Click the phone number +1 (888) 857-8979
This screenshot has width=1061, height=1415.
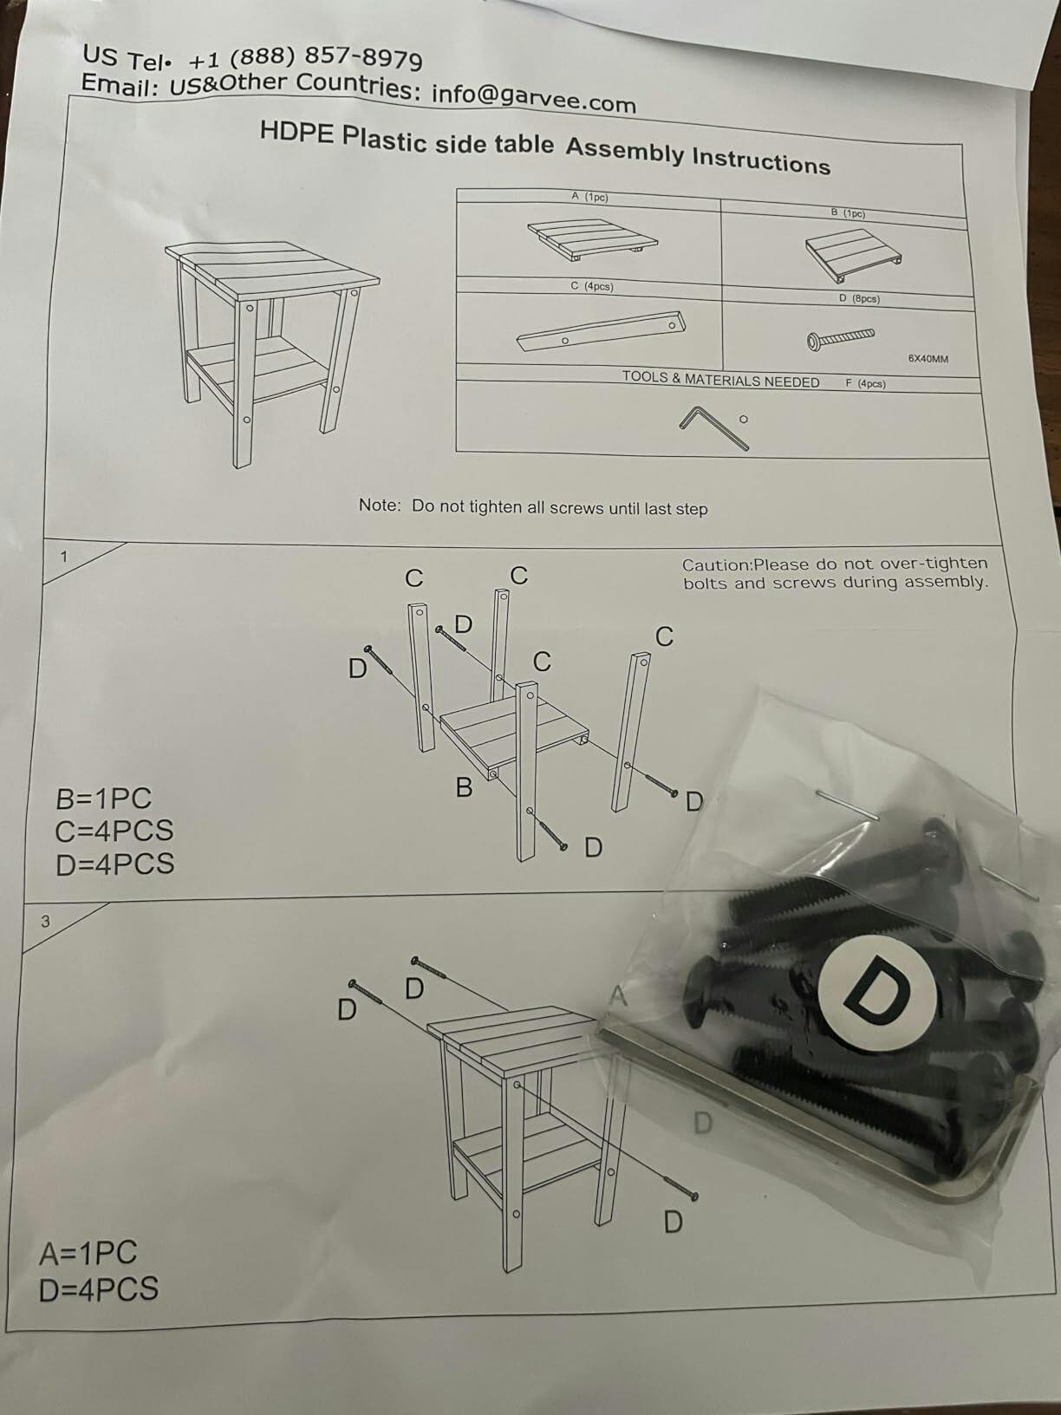tap(306, 59)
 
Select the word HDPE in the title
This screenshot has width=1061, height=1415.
tap(297, 133)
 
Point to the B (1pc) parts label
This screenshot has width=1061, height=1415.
tap(848, 213)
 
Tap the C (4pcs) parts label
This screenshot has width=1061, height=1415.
tap(592, 286)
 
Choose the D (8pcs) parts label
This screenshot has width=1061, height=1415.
tap(859, 298)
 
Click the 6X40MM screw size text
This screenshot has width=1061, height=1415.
tap(928, 359)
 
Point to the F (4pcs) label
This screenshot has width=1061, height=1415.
tap(865, 383)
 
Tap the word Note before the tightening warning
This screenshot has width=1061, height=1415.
tap(380, 505)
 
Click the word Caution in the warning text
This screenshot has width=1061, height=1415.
tap(716, 565)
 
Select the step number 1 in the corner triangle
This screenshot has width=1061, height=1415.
tap(64, 557)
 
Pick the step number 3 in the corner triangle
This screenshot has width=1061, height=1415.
tap(45, 922)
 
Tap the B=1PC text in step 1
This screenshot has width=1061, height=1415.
tap(104, 799)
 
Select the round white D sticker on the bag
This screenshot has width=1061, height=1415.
tap(876, 993)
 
